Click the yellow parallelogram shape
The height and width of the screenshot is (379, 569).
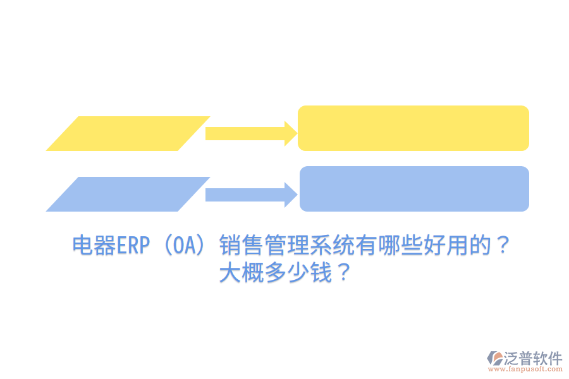coord(128,133)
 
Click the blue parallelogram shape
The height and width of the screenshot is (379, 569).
coord(128,194)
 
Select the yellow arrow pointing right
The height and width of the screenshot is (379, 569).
coord(250,133)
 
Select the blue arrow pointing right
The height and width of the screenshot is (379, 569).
coord(250,195)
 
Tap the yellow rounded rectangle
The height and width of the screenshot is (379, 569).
coord(413,128)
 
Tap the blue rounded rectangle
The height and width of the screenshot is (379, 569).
coord(414,189)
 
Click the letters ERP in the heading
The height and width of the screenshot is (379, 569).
coord(132,245)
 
